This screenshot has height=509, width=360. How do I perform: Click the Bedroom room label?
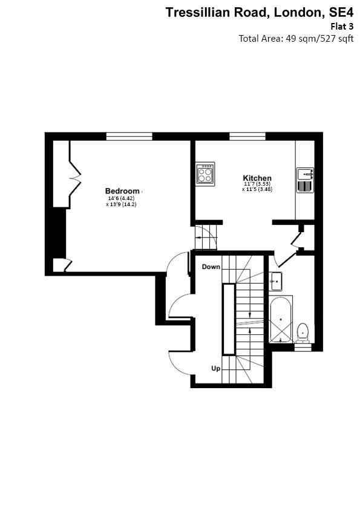point(122,191)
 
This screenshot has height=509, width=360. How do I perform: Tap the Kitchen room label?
point(257,178)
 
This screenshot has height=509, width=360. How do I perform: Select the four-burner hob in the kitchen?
point(205,173)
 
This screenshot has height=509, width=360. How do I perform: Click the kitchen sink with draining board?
point(306,180)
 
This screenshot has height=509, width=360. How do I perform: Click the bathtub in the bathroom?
point(281,319)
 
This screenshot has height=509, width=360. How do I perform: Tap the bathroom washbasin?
point(276,281)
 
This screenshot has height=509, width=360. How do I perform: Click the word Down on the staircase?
point(211,267)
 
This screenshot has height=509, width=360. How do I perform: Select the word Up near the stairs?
point(215,369)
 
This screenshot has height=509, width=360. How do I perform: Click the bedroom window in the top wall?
point(129,137)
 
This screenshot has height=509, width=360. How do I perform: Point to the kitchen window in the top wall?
point(247,137)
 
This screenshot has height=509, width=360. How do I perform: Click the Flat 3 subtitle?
point(342,26)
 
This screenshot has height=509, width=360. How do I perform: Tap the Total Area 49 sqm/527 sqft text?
point(296,39)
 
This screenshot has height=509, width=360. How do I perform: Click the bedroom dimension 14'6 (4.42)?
point(121,198)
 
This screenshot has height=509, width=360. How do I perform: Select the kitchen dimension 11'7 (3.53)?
point(257,184)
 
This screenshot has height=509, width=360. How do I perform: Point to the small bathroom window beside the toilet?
point(303,348)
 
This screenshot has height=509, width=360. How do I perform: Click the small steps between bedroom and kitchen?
point(205,238)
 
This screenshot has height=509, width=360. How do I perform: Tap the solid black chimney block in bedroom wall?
point(59,233)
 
